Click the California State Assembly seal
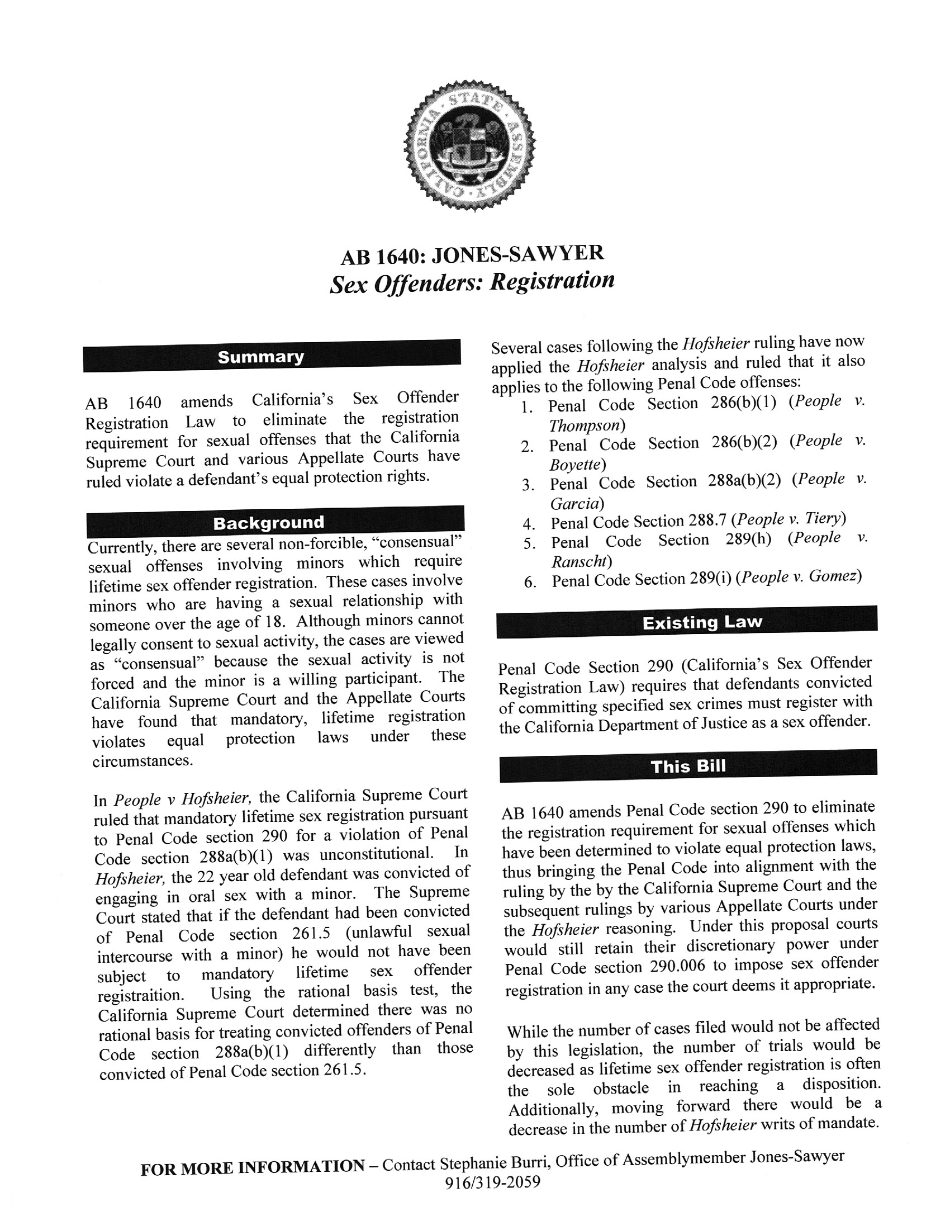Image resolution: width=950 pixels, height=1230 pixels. [x=471, y=146]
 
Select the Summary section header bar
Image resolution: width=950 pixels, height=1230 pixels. [x=272, y=357]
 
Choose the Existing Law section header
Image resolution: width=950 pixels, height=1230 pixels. [x=687, y=622]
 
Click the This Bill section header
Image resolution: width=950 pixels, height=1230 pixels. [x=688, y=766]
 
